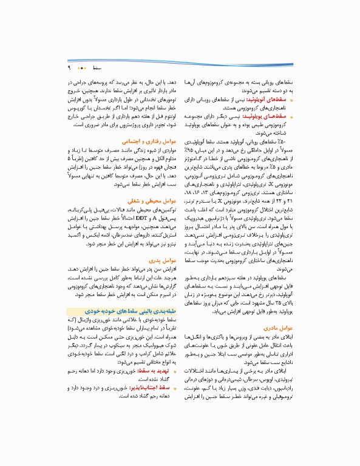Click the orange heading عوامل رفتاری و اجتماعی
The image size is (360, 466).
pos(149,139)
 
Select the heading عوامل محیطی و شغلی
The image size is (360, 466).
pos(152,199)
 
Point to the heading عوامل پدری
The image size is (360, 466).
pos(162,259)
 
